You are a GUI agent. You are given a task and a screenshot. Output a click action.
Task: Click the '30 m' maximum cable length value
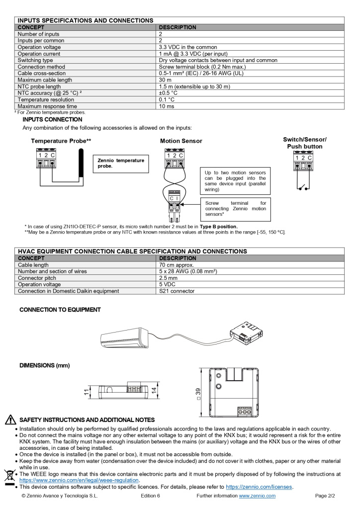pyautogui.click(x=165, y=80)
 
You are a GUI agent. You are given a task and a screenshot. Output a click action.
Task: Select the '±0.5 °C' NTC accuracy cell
pyautogui.click(x=168, y=93)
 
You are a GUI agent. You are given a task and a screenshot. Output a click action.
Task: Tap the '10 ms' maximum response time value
pyautogui.click(x=166, y=106)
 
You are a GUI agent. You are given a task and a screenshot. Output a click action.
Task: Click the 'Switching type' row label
pyautogui.click(x=35, y=60)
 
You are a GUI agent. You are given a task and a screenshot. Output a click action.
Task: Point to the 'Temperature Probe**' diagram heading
pyautogui.click(x=61, y=141)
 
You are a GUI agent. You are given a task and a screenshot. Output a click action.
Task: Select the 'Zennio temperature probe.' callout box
pyautogui.click(x=121, y=163)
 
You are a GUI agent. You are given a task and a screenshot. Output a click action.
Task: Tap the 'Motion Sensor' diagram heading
pyautogui.click(x=181, y=141)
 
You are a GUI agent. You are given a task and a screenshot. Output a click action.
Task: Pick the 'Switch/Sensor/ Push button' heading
pyautogui.click(x=304, y=143)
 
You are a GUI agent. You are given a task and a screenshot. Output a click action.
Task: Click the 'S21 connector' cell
pyautogui.click(x=177, y=291)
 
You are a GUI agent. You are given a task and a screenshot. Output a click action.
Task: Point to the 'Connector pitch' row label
pyautogui.click(x=38, y=278)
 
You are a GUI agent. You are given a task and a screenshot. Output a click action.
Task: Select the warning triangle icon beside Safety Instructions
pyautogui.click(x=10, y=420)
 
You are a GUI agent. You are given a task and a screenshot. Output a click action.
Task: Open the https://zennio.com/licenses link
pyautogui.click(x=259, y=487)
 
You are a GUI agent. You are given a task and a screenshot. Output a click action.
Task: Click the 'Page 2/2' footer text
pyautogui.click(x=325, y=496)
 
